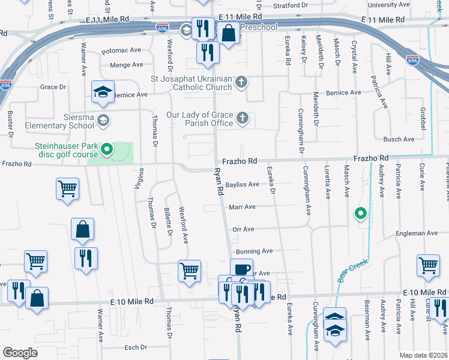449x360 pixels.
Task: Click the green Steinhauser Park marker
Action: point(107,149)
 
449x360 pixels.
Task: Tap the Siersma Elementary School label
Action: point(59,121)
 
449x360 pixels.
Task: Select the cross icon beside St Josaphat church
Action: point(241,82)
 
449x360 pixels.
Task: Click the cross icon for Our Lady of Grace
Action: point(242,117)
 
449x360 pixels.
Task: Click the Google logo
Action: point(20,353)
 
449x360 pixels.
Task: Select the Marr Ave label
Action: point(243,207)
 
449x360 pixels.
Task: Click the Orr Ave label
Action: point(243,229)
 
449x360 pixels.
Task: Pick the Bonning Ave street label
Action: point(255,251)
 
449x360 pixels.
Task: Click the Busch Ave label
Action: point(399,139)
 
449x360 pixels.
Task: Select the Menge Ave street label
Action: point(126,65)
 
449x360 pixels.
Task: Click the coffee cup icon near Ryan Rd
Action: point(241,269)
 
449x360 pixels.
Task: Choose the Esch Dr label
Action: point(135,347)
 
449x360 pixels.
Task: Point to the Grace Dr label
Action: point(53,87)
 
